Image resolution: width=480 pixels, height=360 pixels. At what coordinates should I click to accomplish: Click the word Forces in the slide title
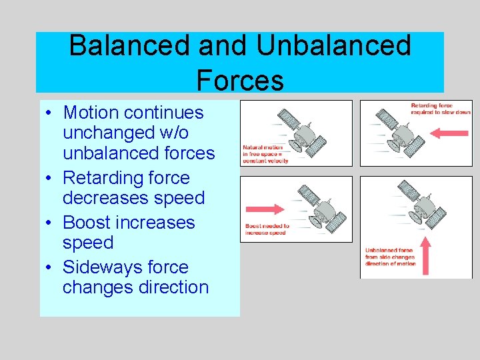(x=240, y=80)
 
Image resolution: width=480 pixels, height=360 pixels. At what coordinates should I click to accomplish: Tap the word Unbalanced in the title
(x=334, y=47)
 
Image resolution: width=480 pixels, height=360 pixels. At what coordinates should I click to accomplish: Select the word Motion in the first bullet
(x=90, y=113)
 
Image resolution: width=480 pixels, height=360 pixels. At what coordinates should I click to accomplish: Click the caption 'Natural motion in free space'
(x=264, y=154)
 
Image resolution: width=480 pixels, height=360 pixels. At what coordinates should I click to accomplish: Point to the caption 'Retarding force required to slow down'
(x=441, y=109)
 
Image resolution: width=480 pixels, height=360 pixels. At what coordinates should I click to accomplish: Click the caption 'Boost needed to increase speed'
(x=267, y=229)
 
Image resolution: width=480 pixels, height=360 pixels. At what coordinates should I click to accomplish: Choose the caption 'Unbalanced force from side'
(x=390, y=257)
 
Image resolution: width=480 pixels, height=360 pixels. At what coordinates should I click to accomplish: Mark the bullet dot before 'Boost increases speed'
(x=49, y=223)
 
